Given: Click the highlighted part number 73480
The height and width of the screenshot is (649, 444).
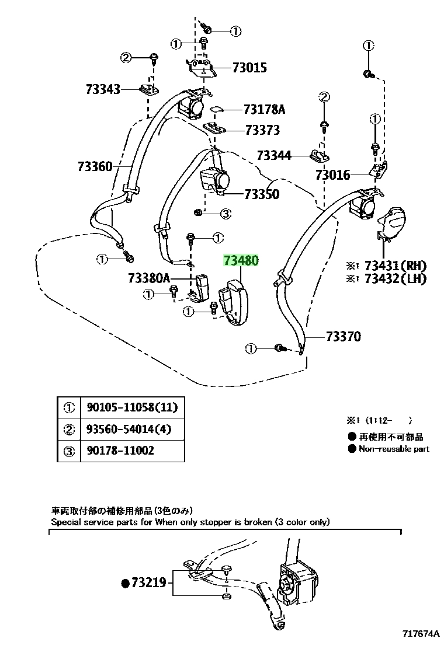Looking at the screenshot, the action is pos(241,260).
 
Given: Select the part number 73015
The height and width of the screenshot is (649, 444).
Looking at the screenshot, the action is pos(249,68).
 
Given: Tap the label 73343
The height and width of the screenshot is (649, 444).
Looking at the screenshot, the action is pos(103,89).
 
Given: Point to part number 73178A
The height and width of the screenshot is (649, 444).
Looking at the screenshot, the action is pos(264,109).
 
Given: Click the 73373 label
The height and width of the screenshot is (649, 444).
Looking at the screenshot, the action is pos(262,130).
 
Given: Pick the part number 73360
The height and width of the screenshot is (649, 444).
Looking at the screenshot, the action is pos(95,166).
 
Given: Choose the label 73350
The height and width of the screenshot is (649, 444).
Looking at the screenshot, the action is pos(262,194).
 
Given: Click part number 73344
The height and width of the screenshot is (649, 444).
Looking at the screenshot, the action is pos(274,155).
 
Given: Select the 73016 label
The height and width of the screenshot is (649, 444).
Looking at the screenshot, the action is pos(332,175).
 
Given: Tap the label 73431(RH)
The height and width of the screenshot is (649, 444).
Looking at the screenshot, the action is pos(395,266).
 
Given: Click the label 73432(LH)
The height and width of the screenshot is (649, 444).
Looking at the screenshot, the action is pos(395,278).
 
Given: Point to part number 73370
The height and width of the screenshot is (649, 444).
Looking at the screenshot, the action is pos(344,336).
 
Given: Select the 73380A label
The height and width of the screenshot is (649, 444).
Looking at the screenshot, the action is pos(149,278).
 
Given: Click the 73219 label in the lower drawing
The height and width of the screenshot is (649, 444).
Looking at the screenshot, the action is pos(149,583).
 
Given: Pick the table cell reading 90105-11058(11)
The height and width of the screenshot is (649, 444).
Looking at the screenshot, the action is pos(132,408).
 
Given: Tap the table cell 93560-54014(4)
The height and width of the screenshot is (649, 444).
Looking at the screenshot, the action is pos(129,429).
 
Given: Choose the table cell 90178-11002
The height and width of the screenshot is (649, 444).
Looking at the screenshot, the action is pos(120,451).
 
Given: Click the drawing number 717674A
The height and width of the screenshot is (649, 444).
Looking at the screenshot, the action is pos(421,634).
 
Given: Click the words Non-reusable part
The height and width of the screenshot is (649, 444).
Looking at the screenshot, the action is pos(394,449).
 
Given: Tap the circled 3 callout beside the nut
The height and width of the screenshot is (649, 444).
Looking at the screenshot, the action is pos(226,214).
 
